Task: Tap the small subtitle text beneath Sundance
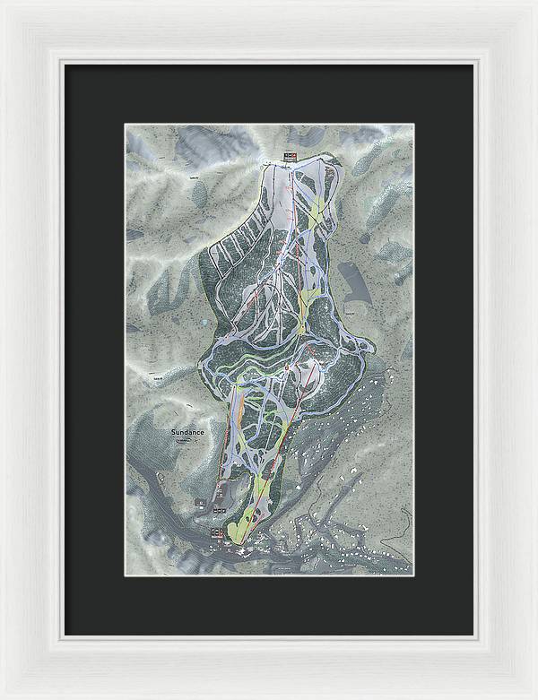coord(185,439)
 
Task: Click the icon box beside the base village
coord(215,534)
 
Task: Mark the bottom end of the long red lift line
coord(241,541)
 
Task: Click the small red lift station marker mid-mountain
coord(286,367)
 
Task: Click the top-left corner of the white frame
coord(3,3)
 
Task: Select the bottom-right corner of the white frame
coord(534,696)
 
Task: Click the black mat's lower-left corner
coord(64,634)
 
